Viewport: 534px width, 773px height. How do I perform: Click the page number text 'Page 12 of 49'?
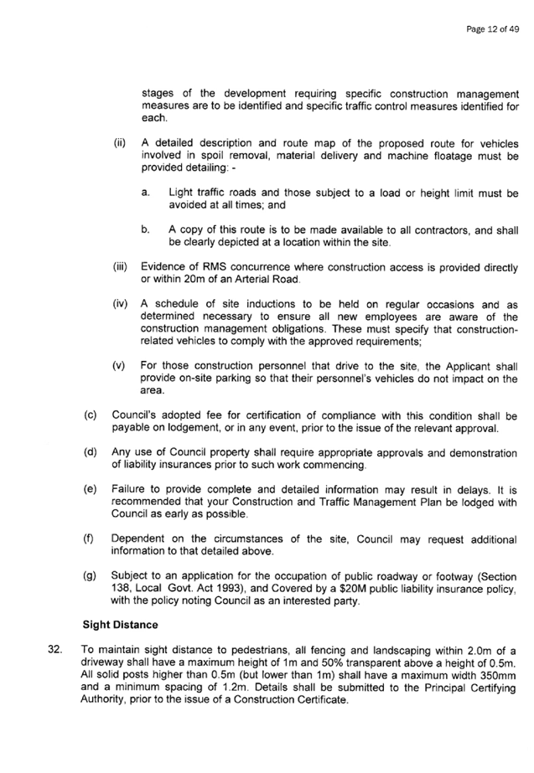(x=492, y=29)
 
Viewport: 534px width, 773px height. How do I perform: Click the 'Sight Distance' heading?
(x=120, y=625)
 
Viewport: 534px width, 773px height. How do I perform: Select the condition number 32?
(x=54, y=650)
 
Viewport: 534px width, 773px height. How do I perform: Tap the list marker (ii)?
(x=120, y=143)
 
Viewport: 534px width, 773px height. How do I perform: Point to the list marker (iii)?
(x=121, y=267)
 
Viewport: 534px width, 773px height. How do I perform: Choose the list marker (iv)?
(x=120, y=304)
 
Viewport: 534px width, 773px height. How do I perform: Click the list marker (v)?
(x=119, y=366)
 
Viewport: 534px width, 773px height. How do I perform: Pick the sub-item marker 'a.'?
(x=144, y=193)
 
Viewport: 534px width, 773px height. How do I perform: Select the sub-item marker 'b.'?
(x=144, y=229)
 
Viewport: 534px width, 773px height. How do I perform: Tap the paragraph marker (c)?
(x=91, y=415)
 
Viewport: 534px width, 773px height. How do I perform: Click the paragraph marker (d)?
(x=91, y=452)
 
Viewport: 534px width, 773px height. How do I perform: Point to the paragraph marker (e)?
(x=91, y=490)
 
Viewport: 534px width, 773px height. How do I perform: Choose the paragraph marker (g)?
(x=90, y=576)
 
